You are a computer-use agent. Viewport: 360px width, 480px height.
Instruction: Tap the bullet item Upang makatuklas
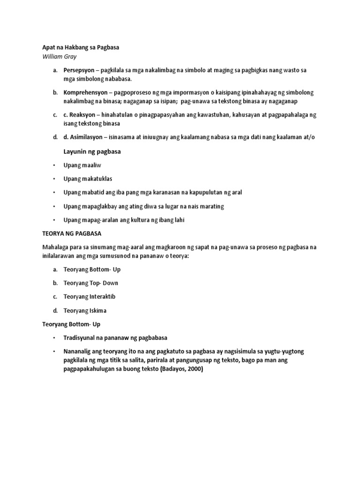pyautogui.click(x=88, y=179)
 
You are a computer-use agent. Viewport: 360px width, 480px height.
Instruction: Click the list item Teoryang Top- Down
pyautogui.click(x=91, y=283)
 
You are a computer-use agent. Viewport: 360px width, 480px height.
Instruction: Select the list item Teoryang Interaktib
pyautogui.click(x=90, y=296)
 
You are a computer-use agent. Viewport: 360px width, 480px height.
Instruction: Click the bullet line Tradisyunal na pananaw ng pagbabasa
pyautogui.click(x=115, y=337)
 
